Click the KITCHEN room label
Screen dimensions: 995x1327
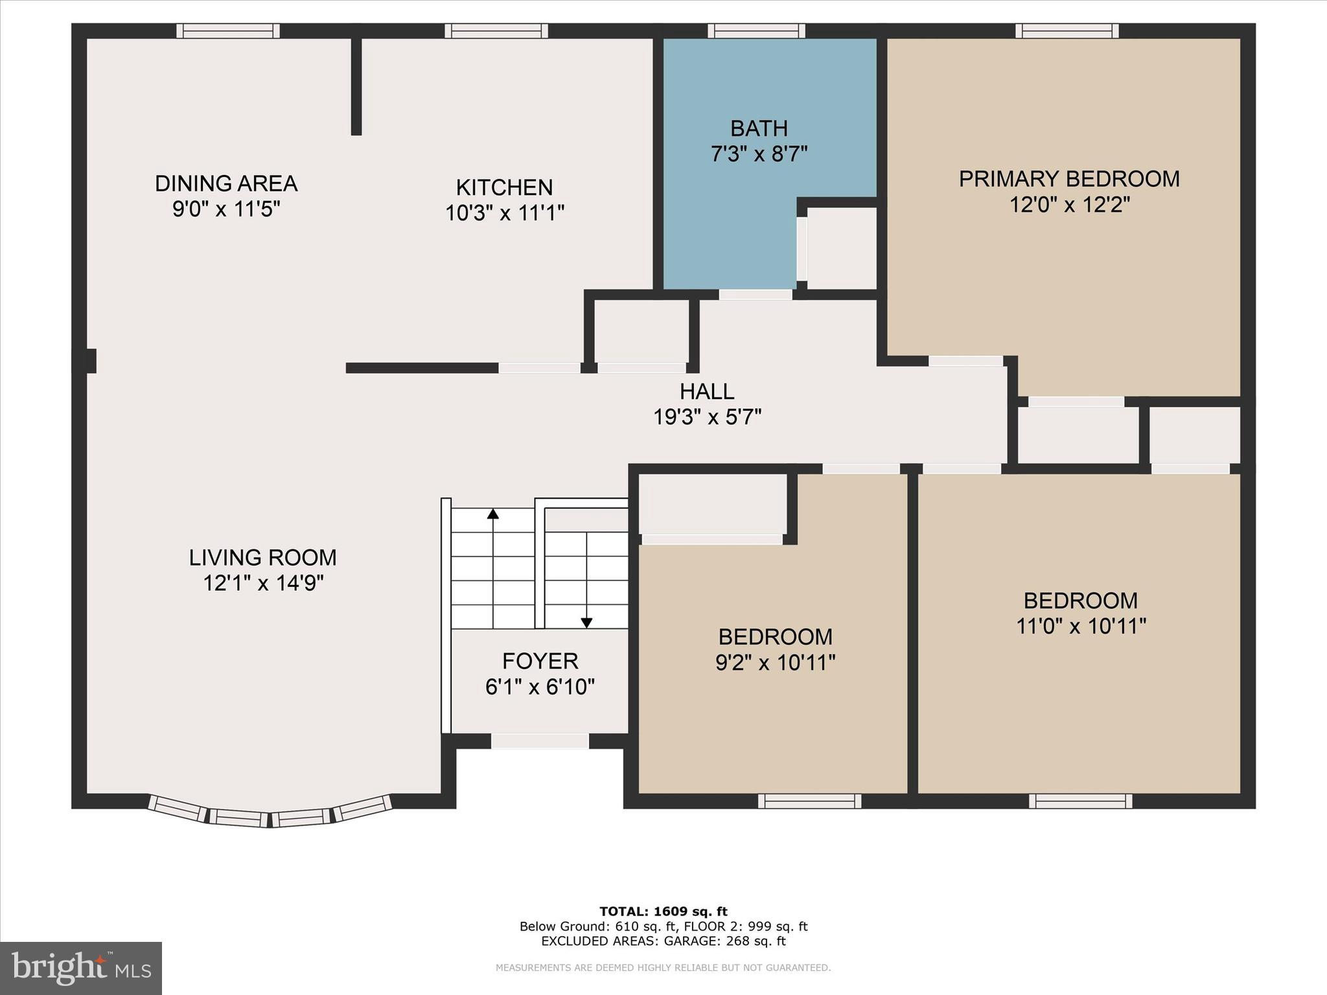click(x=504, y=188)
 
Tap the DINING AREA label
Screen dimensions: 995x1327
click(x=225, y=184)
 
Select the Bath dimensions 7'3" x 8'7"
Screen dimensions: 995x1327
click(x=759, y=155)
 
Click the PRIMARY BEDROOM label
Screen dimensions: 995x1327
click(x=1069, y=179)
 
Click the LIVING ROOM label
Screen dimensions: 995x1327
click(x=262, y=558)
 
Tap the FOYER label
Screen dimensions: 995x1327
click(x=540, y=661)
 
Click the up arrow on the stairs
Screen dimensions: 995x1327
click(x=493, y=514)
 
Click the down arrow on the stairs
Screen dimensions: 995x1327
click(x=586, y=623)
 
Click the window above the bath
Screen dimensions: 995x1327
click(x=756, y=30)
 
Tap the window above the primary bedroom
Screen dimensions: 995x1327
click(x=1067, y=30)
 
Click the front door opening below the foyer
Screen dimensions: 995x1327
click(x=540, y=741)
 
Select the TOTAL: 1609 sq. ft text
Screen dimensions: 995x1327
click(x=663, y=912)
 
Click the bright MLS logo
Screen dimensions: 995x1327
click(x=81, y=968)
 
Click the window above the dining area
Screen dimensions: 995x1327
click(x=228, y=30)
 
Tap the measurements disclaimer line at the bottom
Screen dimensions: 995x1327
click(x=663, y=968)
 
